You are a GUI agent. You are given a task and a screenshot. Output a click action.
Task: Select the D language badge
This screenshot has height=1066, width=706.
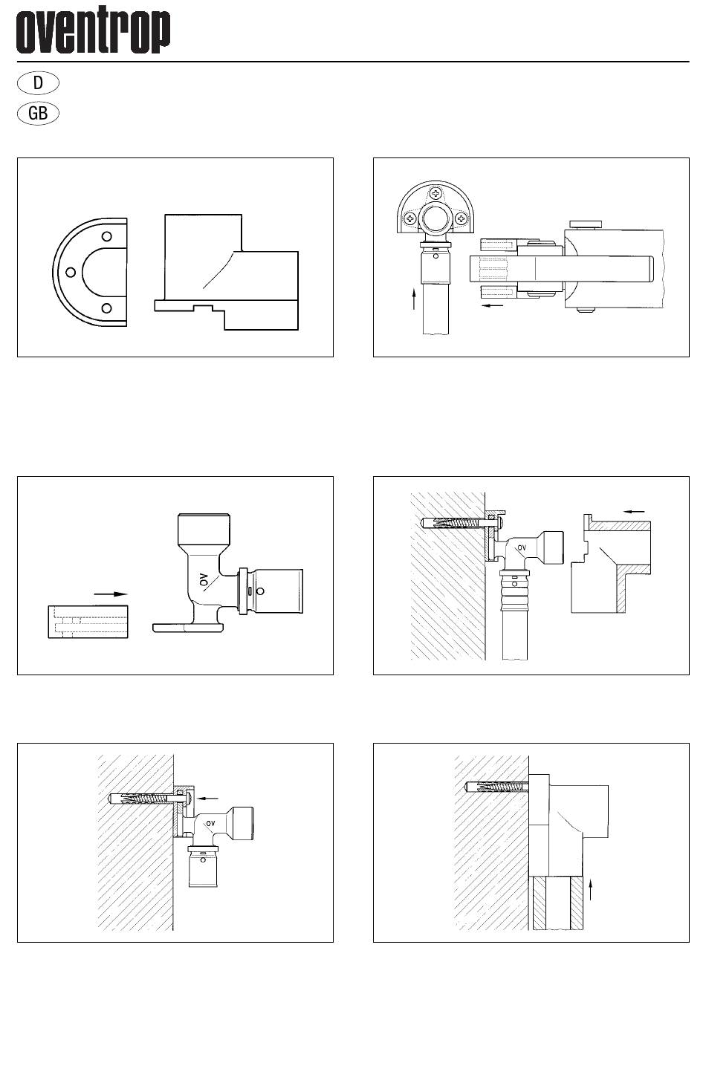(37, 82)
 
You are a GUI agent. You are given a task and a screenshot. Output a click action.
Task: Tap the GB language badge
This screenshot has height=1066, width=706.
(37, 114)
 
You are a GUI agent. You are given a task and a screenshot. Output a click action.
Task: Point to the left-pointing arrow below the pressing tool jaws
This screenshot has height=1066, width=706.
(491, 305)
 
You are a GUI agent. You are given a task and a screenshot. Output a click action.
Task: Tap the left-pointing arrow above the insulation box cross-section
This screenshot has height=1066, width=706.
(633, 511)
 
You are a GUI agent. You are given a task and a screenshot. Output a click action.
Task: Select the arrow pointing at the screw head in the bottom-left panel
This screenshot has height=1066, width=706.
(210, 797)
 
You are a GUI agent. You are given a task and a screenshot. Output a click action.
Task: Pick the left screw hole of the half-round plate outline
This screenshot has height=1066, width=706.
(70, 272)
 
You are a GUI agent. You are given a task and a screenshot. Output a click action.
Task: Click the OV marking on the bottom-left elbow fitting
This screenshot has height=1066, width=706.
(210, 823)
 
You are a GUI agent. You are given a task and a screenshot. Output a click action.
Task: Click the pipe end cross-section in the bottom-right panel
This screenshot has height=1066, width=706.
(557, 903)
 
